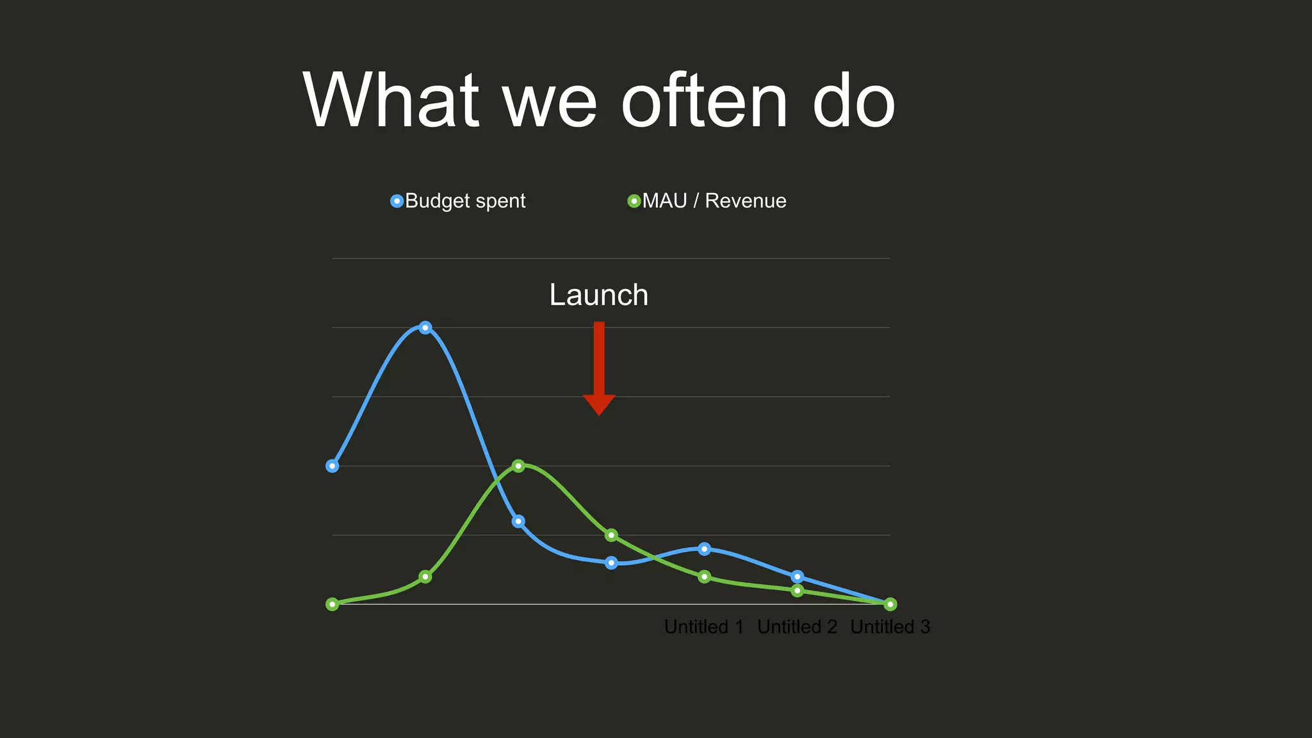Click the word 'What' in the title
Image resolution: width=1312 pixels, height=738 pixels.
tap(391, 101)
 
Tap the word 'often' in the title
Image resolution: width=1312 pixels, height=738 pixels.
tap(703, 101)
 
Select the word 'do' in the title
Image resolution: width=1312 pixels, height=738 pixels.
tap(853, 102)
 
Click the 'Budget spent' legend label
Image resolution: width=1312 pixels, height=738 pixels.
tap(465, 201)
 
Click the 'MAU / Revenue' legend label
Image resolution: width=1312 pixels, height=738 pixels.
tap(714, 201)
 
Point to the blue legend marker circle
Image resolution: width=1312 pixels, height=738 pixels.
tap(397, 201)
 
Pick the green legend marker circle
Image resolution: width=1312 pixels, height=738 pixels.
tap(634, 201)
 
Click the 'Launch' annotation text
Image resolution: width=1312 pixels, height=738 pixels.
tap(598, 295)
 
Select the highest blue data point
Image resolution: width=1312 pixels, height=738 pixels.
tap(425, 327)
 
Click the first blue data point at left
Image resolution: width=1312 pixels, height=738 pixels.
tap(332, 466)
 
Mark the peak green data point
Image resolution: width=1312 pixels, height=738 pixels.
tap(519, 466)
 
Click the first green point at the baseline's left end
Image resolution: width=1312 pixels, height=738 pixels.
tap(332, 604)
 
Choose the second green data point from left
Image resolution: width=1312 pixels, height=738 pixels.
tap(425, 577)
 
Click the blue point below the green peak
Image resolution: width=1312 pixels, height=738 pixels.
tap(519, 521)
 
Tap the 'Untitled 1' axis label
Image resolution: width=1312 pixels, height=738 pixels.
tap(703, 627)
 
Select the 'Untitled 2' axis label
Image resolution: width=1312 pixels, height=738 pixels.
tap(797, 627)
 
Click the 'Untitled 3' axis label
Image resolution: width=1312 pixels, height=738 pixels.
tap(890, 627)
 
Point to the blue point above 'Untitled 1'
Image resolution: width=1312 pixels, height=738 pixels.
tap(704, 549)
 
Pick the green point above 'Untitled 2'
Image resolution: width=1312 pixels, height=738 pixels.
tap(797, 591)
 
